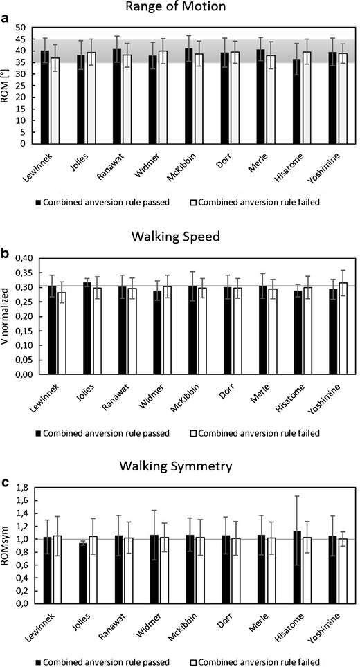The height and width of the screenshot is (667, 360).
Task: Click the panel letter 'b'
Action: [6, 252]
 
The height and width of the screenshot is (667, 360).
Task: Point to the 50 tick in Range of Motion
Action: [21, 28]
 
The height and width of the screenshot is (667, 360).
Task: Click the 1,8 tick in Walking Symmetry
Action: [21, 488]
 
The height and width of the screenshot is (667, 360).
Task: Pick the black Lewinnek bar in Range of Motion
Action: [45, 97]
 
